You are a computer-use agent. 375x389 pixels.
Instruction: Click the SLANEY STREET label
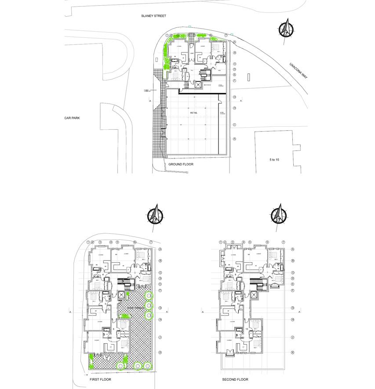154,16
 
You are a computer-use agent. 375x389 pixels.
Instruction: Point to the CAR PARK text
72,118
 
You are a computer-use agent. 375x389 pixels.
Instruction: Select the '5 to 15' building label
274,160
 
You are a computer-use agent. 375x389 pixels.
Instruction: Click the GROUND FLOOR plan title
181,164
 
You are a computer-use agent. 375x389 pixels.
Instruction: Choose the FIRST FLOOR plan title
100,379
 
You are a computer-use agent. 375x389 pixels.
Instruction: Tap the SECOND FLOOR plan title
235,379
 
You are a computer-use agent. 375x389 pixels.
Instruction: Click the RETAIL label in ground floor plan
194,113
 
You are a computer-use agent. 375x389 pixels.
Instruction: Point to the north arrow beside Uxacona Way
286,29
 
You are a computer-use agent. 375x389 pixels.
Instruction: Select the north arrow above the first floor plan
156,216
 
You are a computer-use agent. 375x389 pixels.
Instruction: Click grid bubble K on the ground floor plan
235,139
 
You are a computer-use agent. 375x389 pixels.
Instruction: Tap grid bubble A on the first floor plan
160,250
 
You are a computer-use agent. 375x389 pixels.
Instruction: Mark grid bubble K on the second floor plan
293,352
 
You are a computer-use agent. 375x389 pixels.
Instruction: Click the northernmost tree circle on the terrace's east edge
149,295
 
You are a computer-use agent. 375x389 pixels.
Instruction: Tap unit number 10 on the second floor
247,329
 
